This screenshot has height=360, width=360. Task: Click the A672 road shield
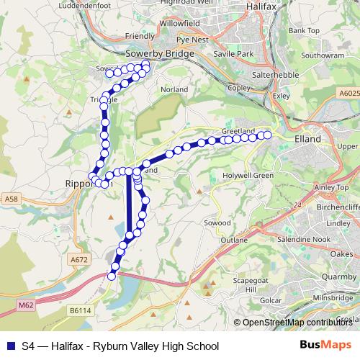click(79, 259)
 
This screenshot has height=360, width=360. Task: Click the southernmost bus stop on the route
click(112, 276)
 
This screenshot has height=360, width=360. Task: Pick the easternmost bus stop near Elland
click(268, 135)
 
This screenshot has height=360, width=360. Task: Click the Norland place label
click(176, 89)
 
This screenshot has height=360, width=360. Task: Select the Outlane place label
click(235, 239)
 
